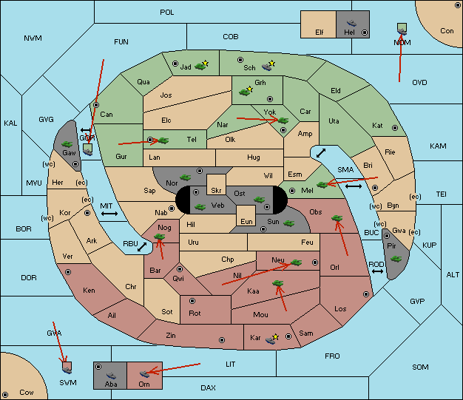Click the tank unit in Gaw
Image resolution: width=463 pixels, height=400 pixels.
coord(67,143)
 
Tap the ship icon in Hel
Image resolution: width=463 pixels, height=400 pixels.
coord(351,23)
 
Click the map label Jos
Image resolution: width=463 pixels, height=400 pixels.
coord(166,95)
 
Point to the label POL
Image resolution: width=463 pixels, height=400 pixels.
coord(167,13)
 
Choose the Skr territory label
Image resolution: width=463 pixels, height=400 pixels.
coord(216,191)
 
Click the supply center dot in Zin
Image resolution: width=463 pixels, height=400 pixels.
coord(222,340)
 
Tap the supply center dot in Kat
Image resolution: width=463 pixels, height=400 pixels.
coord(395,128)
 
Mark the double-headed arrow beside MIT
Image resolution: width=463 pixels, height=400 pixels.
coord(109,214)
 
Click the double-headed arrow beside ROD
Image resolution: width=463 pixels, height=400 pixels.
coord(377,271)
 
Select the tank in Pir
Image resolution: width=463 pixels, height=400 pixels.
coord(396,259)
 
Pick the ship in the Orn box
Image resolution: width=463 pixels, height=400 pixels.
coord(144,374)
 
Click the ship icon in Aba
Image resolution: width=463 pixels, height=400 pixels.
coord(111,375)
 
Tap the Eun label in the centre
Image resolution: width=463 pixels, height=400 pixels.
coord(246,221)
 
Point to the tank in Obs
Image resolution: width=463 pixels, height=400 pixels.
coord(337,218)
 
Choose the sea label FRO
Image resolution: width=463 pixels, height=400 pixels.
coord(332,356)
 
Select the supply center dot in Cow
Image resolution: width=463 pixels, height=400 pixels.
coord(5,395)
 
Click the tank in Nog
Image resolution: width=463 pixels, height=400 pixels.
coord(160,237)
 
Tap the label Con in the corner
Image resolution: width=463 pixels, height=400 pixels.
coord(447,31)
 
